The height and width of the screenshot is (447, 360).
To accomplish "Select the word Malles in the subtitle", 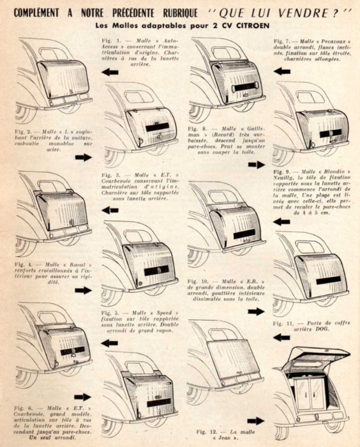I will pyautogui.click(x=117, y=26).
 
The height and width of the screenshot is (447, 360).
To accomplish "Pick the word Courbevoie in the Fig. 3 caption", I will pyautogui.click(x=122, y=181).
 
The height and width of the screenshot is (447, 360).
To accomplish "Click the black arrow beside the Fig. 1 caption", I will pyautogui.click(x=110, y=72).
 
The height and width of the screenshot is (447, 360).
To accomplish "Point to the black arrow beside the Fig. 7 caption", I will pyautogui.click(x=282, y=72).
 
